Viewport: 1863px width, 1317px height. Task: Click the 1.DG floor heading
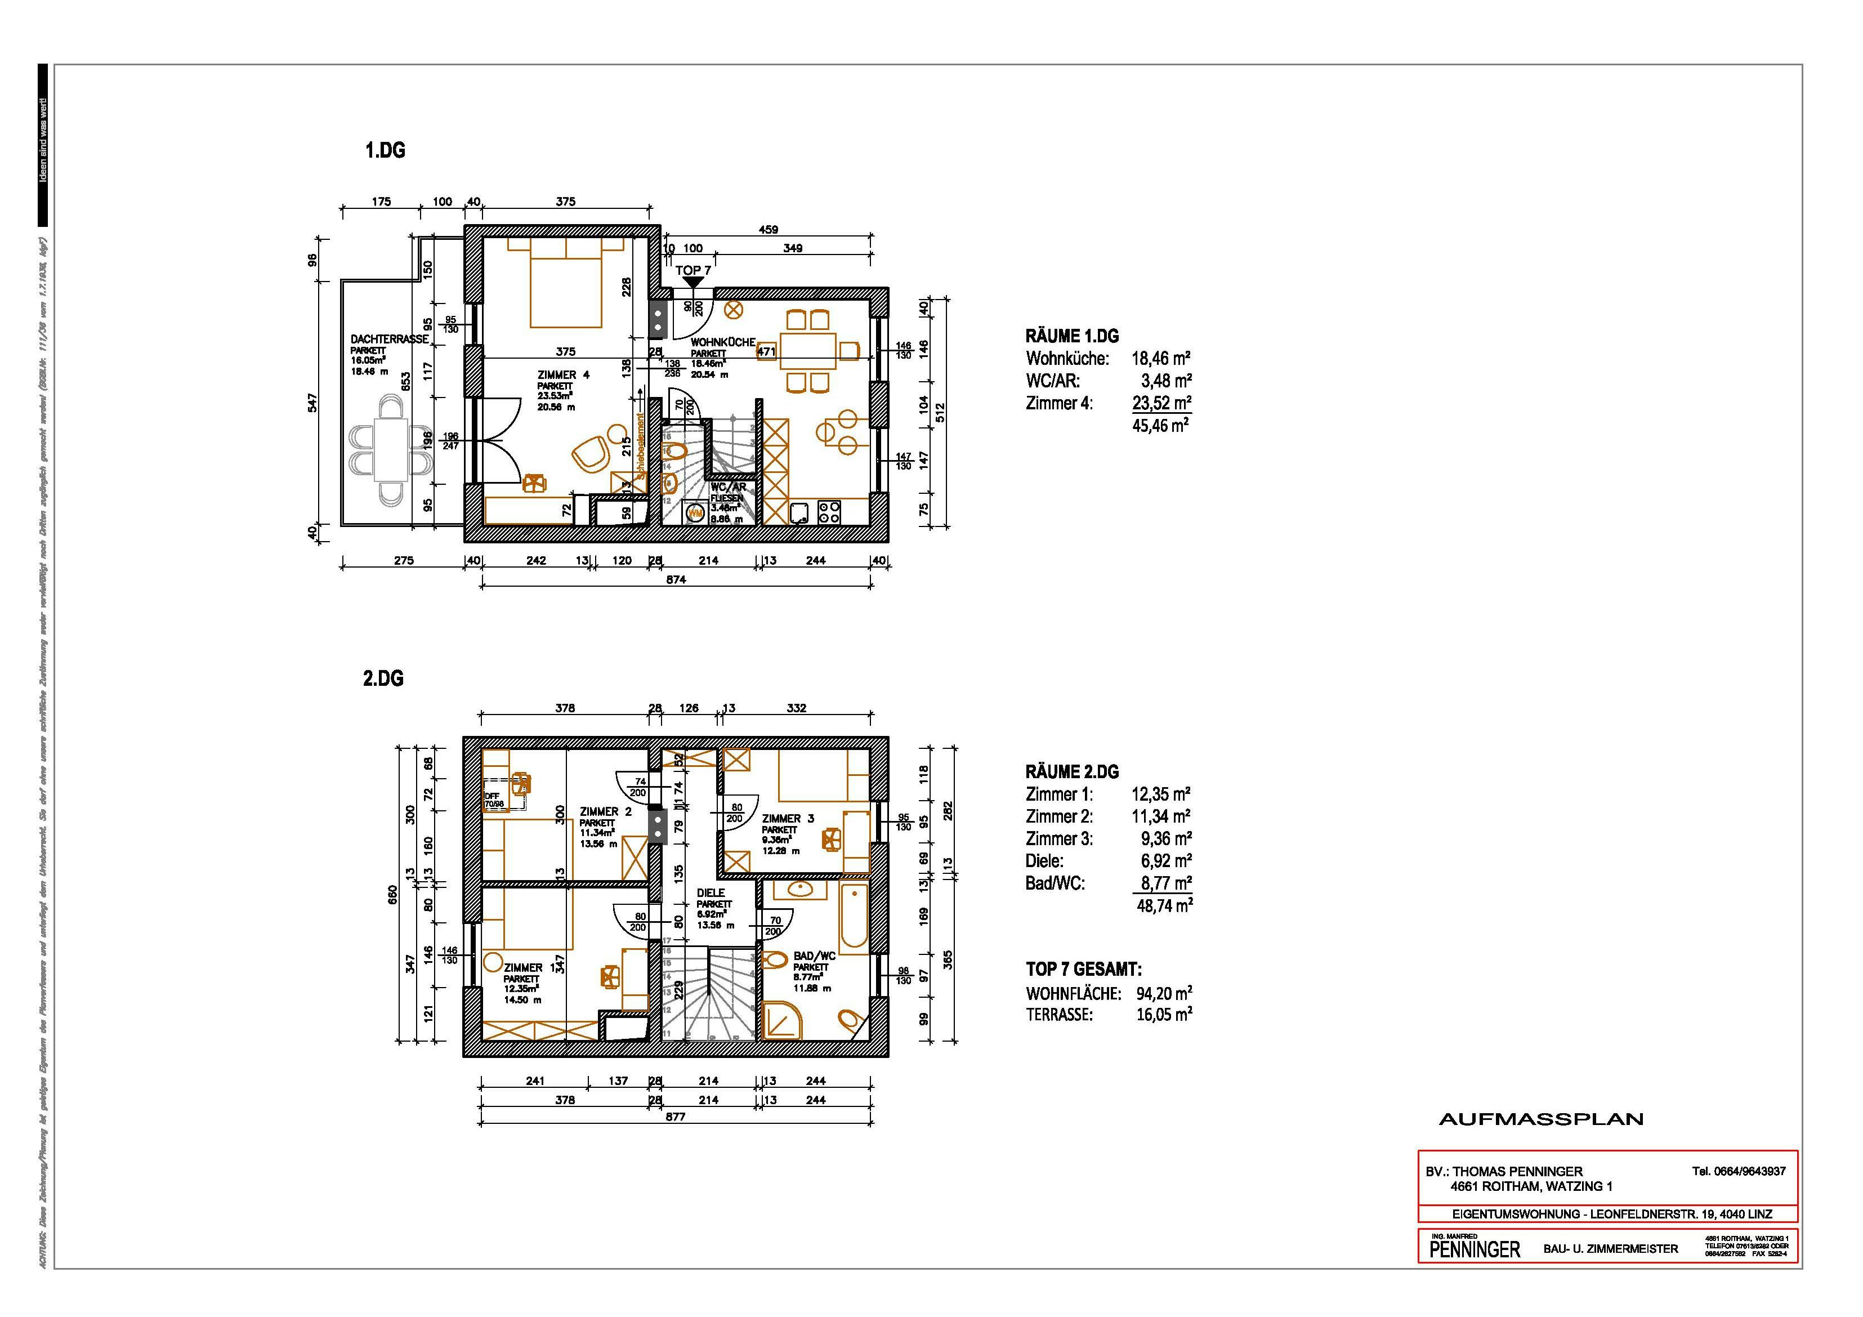click(385, 151)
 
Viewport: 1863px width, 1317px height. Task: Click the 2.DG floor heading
click(383, 678)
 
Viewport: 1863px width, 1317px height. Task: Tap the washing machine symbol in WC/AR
click(695, 513)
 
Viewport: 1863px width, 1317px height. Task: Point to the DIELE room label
click(711, 892)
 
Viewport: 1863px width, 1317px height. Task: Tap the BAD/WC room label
click(814, 957)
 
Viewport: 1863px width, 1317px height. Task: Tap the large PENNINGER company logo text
click(1475, 1249)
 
